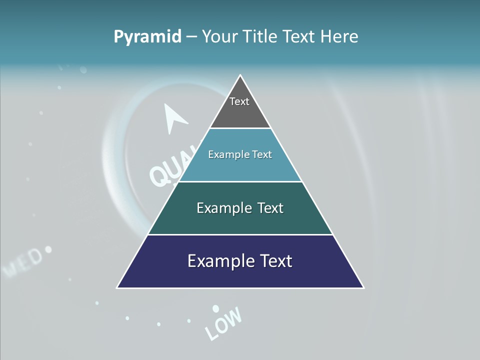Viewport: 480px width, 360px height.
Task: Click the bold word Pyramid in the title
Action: [147, 37]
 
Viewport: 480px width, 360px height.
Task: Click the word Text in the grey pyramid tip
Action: [239, 101]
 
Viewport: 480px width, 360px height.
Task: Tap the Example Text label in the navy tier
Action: [240, 261]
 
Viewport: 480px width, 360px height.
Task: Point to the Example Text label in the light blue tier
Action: [240, 154]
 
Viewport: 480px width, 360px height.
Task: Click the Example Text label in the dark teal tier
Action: [240, 208]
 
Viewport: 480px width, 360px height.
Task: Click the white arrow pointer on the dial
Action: [174, 117]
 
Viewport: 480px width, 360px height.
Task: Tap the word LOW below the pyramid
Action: [224, 323]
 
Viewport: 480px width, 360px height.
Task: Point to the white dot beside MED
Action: [48, 248]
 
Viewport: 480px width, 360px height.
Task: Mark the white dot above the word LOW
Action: [215, 308]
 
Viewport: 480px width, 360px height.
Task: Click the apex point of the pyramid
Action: [240, 75]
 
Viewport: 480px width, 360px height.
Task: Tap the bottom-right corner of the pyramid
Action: [363, 288]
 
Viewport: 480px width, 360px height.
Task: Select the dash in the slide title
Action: [191, 37]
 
